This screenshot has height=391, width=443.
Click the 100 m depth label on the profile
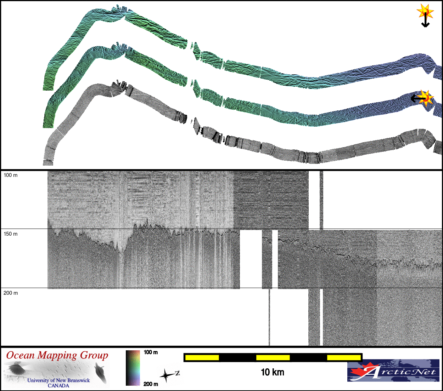pyautogui.click(x=11, y=175)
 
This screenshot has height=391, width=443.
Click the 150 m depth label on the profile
pyautogui.click(x=11, y=234)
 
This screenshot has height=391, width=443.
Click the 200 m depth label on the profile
pyautogui.click(x=11, y=293)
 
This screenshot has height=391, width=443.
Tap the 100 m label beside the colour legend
pyautogui.click(x=151, y=352)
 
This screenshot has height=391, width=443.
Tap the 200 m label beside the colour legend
pyautogui.click(x=151, y=384)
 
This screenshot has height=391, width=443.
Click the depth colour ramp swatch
pyautogui.click(x=133, y=368)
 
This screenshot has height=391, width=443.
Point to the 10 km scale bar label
pyautogui.click(x=273, y=372)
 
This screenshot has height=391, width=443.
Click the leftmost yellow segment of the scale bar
pyautogui.click(x=202, y=357)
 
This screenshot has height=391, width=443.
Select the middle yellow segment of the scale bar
pyautogui.click(x=273, y=357)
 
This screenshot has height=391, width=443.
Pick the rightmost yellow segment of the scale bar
pyautogui.click(x=344, y=357)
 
